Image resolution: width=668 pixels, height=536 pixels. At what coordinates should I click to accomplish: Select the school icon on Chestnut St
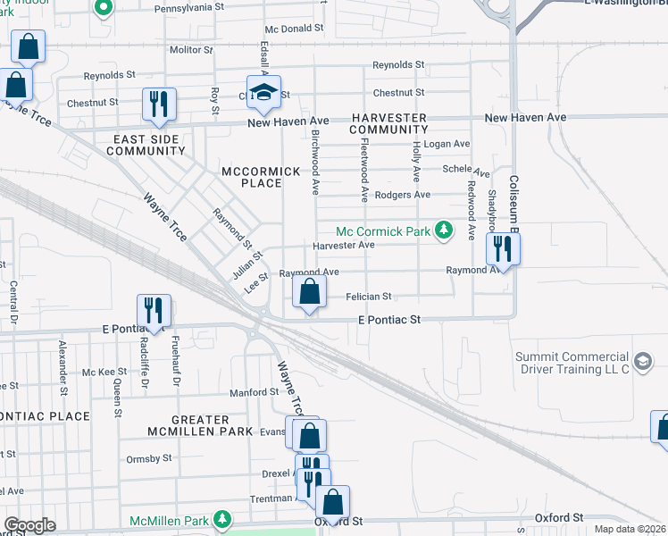(264, 92)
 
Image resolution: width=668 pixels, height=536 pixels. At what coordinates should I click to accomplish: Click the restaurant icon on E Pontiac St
(154, 311)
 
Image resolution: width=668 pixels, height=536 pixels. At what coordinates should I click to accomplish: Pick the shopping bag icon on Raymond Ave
(309, 291)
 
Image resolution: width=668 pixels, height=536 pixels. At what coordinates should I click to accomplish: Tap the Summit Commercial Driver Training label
(572, 362)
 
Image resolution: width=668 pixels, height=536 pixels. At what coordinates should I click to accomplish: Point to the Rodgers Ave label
(403, 195)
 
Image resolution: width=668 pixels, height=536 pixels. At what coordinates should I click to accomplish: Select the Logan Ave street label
(447, 144)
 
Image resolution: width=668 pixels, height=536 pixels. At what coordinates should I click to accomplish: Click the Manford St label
(254, 391)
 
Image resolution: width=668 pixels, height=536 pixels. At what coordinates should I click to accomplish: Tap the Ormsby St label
(148, 458)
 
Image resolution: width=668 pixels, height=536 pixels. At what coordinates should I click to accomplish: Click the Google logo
(30, 525)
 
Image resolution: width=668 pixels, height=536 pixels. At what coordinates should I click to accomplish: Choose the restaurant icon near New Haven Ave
(159, 104)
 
